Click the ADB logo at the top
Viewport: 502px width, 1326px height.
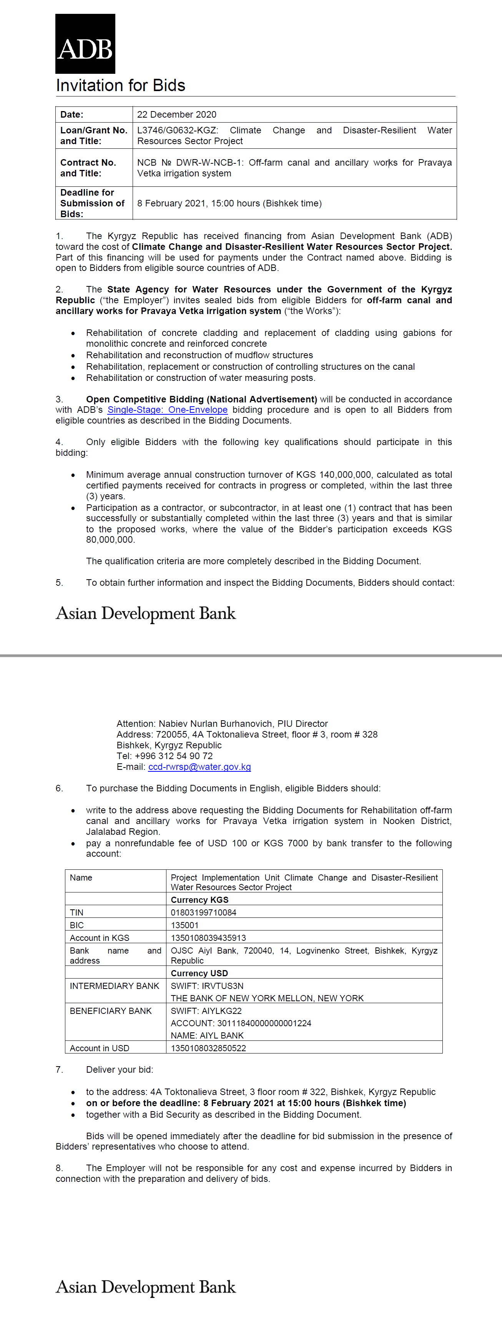click(x=85, y=44)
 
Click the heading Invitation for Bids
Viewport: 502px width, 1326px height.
click(x=120, y=85)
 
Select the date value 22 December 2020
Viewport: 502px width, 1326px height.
click(x=176, y=114)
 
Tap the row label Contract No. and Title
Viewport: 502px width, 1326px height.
click(x=88, y=168)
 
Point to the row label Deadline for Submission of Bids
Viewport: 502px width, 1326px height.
click(x=92, y=203)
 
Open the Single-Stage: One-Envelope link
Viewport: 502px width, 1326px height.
click(x=167, y=410)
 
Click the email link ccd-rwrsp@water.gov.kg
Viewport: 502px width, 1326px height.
click(x=199, y=767)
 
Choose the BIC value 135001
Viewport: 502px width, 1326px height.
click(x=185, y=925)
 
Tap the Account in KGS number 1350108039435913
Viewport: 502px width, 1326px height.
click(x=208, y=938)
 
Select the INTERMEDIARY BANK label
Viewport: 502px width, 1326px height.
click(x=114, y=986)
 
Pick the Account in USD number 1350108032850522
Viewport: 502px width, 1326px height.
click(x=208, y=1048)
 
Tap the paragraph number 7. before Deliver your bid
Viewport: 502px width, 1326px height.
click(x=59, y=1070)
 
